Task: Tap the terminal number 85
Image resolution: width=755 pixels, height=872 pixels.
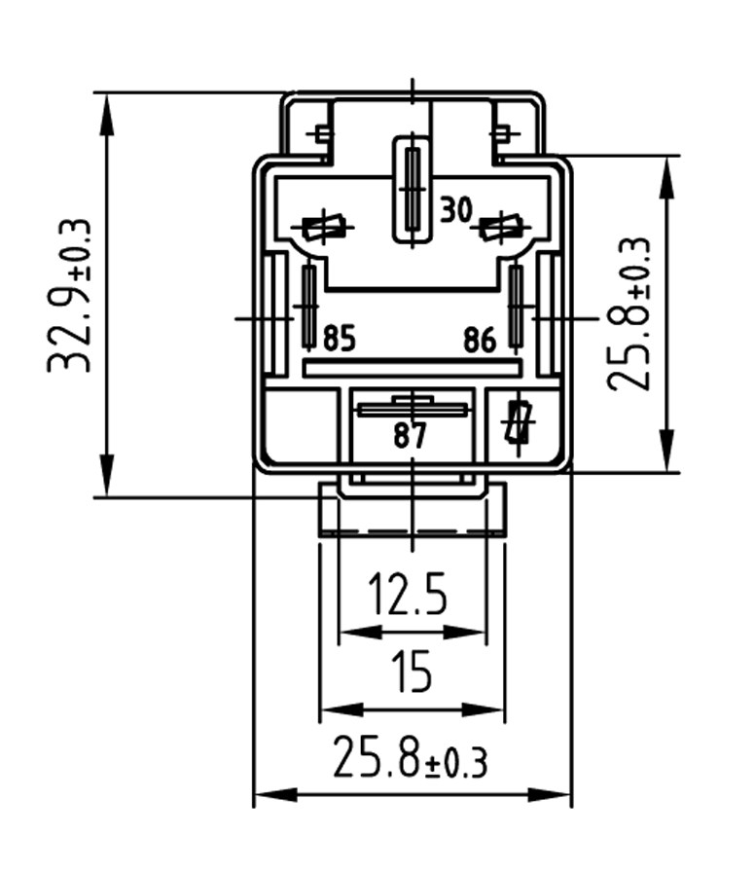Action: point(340,340)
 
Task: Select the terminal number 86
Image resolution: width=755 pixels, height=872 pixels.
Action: point(480,340)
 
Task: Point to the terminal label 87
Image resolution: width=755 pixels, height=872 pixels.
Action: point(411,436)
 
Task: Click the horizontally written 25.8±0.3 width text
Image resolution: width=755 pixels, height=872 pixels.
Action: point(410,758)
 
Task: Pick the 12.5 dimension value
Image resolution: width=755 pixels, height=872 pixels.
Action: point(410,593)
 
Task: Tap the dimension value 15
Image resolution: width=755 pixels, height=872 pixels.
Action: point(412,672)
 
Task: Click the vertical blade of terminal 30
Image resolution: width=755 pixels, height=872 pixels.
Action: point(413,189)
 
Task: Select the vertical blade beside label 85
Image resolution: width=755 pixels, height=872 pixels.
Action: point(309,307)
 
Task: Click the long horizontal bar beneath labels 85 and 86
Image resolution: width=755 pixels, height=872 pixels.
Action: point(413,367)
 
